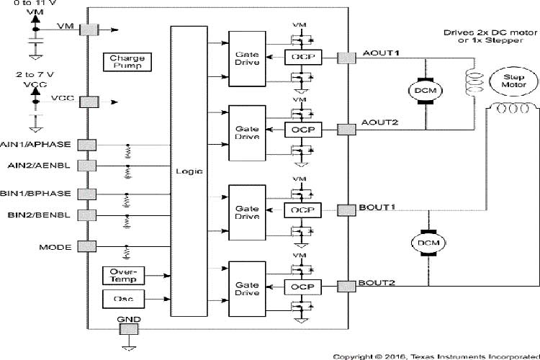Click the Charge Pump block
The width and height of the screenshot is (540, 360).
[x=127, y=61]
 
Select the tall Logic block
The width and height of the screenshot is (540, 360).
[x=189, y=171]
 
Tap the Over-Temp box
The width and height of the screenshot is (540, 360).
[x=125, y=274]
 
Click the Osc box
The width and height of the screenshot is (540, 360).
[x=125, y=297]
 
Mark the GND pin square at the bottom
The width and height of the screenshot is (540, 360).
[x=128, y=329]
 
